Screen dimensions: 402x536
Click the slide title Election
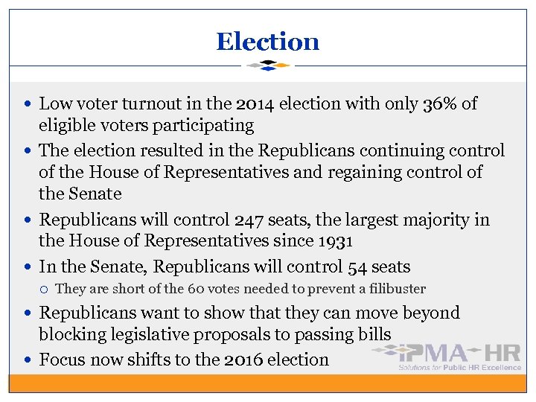[x=267, y=42]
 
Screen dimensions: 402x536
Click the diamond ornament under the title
[x=267, y=66]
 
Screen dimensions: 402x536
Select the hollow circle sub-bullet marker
[x=45, y=289]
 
